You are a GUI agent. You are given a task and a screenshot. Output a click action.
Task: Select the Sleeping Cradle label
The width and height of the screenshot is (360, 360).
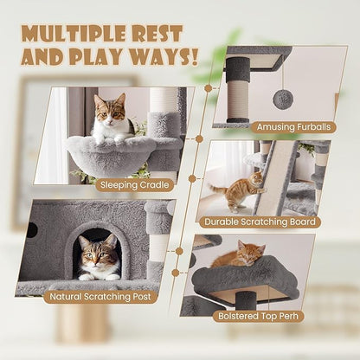click(133, 184)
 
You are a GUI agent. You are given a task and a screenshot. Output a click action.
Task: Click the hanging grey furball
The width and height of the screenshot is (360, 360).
click(282, 99)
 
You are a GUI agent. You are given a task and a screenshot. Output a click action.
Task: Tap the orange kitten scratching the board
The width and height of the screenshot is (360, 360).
click(241, 188)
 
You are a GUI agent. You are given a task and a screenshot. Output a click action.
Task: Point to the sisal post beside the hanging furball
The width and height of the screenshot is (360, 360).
click(238, 92)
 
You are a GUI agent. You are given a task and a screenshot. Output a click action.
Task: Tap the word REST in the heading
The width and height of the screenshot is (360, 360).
click(156, 34)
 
